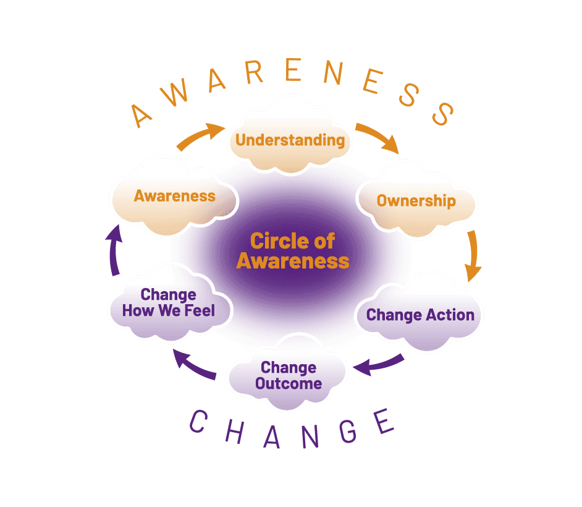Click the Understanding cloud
(x=290, y=140)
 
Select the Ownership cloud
(x=416, y=201)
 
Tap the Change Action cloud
(x=420, y=315)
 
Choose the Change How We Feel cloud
(x=169, y=302)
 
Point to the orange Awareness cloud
(x=175, y=196)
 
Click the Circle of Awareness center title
(x=293, y=250)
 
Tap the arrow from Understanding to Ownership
(x=378, y=138)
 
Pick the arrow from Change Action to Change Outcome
(x=378, y=365)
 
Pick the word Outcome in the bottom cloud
(x=289, y=383)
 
